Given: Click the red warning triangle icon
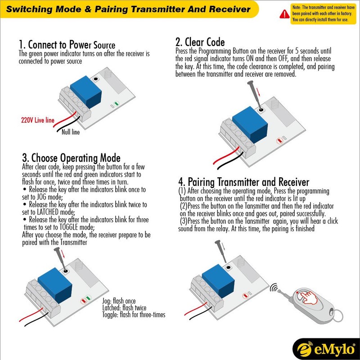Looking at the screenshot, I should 284,14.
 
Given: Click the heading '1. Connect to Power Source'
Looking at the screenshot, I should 67,45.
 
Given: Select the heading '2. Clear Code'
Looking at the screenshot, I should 200,42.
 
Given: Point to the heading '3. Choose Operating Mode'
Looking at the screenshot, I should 71,158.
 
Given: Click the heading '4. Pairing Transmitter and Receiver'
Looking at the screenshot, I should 243,182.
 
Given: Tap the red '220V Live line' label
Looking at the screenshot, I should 38,121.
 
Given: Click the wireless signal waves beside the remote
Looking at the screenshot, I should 274,289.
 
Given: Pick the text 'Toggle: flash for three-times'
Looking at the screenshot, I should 134,315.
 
